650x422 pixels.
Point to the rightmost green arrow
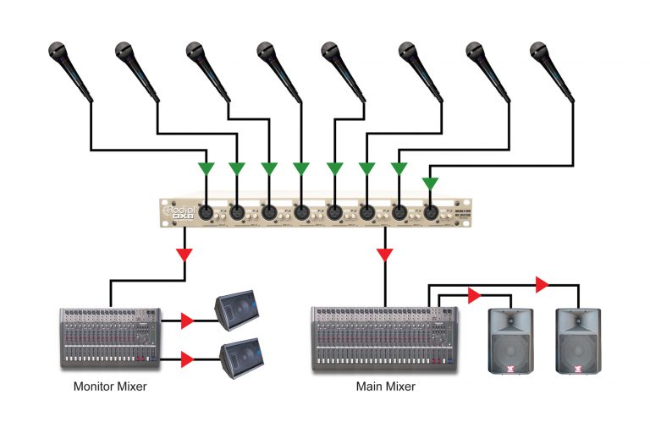pos(430,183)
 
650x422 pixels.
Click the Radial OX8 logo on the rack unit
pos(177,211)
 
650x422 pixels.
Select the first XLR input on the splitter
pos(206,211)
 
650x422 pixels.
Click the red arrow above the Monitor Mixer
pos(185,254)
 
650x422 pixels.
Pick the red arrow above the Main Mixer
pos(386,254)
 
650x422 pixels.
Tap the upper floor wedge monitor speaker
pos(238,311)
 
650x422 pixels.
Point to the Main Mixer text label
pos(385,386)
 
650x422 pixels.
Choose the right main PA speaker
pos(577,343)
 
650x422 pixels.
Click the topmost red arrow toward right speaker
pos(538,281)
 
